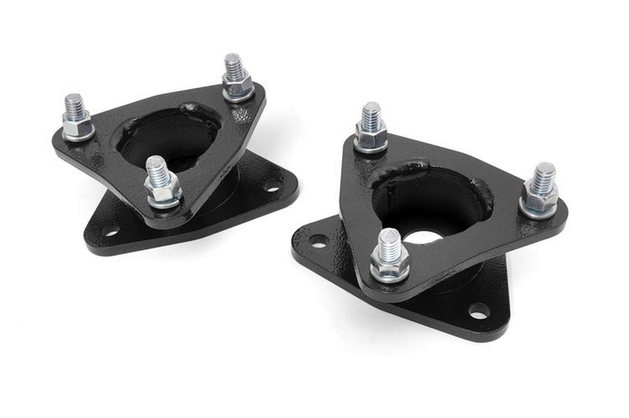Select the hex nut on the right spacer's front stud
pyautogui.click(x=389, y=267)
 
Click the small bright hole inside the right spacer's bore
pyautogui.click(x=420, y=236)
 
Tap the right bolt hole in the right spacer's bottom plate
pyautogui.click(x=477, y=311)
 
